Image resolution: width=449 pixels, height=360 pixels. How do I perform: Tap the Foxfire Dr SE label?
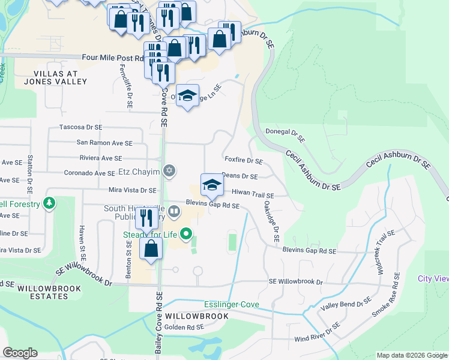pos(244,161)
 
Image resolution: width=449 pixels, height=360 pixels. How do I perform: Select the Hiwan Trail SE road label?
pos(253,195)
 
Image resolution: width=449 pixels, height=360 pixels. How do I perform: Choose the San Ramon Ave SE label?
pos(104,143)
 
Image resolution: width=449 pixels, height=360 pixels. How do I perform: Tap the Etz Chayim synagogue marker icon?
pos(169,172)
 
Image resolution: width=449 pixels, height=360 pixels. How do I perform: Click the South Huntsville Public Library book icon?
pos(174,211)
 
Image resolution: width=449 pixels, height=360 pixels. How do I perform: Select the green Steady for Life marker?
pos(187,233)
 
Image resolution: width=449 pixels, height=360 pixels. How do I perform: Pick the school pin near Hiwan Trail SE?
pos(211,186)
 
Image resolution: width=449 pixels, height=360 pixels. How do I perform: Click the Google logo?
pos(20,353)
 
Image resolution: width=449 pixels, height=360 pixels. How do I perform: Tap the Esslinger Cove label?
pos(231,305)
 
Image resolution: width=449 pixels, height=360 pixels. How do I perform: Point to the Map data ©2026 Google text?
pos(411,355)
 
